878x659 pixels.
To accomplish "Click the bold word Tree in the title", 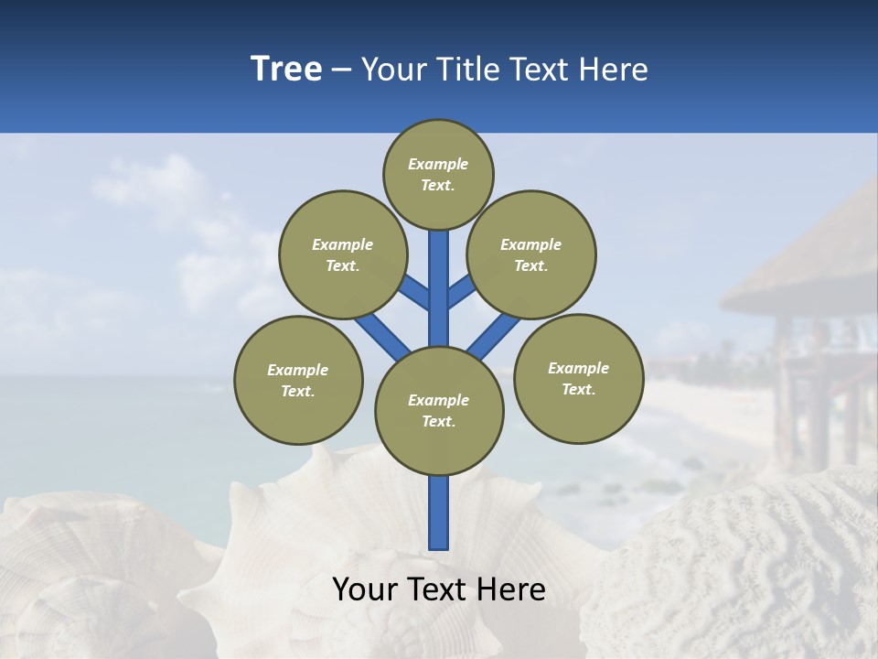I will pos(286,69).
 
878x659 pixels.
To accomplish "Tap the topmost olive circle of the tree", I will pos(438,174).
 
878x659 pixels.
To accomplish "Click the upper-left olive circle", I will pos(342,254).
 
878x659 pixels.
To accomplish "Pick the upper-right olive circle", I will pos(531,254).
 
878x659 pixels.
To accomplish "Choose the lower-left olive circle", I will pos(298,380).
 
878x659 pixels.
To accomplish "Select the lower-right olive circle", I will pos(578,378).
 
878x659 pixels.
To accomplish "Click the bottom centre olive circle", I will pos(439,411).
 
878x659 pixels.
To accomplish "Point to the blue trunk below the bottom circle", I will pos(439,513).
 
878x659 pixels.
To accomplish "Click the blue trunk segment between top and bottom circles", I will pos(439,288).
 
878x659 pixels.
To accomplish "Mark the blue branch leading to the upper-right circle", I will pos(460,292).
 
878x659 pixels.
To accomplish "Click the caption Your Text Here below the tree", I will pos(439,589).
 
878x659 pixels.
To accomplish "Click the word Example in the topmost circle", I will pos(438,164).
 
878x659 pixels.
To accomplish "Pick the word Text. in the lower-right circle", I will pos(578,389).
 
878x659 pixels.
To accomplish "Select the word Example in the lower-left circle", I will pos(298,370).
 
